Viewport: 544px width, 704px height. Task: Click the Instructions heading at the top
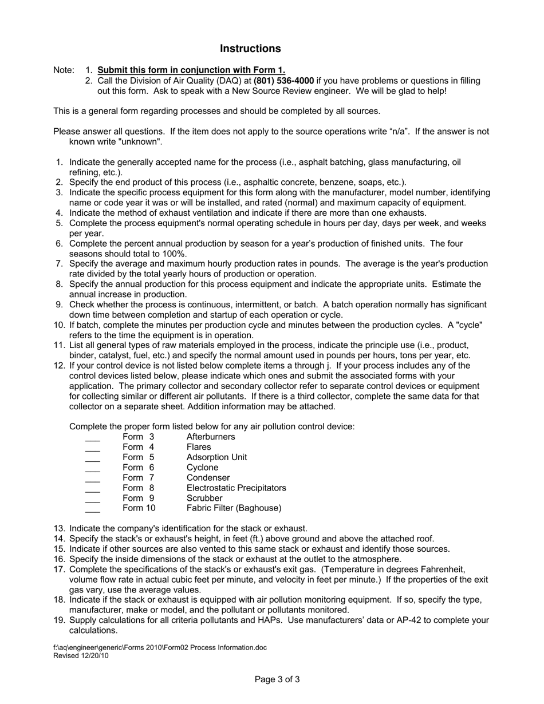(250, 49)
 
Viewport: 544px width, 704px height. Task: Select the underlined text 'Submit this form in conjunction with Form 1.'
(191, 70)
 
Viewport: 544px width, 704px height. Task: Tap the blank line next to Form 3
(92, 439)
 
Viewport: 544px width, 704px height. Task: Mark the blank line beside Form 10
(92, 510)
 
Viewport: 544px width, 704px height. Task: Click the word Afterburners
(211, 437)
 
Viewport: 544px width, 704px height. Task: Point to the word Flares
(199, 447)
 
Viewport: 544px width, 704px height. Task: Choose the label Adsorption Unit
(217, 457)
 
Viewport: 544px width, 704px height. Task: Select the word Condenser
(208, 477)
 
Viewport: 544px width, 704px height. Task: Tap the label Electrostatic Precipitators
(236, 488)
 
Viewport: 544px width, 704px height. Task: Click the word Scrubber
(204, 498)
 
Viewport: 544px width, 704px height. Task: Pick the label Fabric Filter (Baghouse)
(234, 508)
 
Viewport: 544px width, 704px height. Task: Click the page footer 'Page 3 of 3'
(277, 680)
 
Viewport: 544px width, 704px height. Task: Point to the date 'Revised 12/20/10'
(81, 656)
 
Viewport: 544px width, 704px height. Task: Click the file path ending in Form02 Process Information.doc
(160, 648)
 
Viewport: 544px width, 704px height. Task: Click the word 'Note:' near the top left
(64, 70)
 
